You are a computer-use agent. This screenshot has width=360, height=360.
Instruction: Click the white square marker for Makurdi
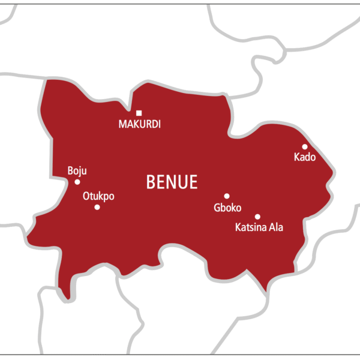pyautogui.click(x=139, y=113)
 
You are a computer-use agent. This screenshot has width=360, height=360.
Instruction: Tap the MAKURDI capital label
pyautogui.click(x=139, y=125)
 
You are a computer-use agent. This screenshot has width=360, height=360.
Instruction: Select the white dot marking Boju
pyautogui.click(x=77, y=182)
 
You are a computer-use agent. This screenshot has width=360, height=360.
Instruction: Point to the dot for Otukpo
pyautogui.click(x=97, y=207)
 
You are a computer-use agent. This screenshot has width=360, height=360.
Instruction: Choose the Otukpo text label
pyautogui.click(x=98, y=196)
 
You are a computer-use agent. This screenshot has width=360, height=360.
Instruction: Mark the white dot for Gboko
pyautogui.click(x=227, y=196)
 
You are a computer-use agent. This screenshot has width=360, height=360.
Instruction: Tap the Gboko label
pyautogui.click(x=227, y=208)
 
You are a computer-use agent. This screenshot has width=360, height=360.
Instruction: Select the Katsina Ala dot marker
pyautogui.click(x=257, y=217)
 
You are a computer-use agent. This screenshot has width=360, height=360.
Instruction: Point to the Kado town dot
pyautogui.click(x=305, y=146)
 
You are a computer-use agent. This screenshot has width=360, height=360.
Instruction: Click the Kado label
pyautogui.click(x=304, y=157)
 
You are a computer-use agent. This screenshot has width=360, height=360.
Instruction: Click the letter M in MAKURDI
pyautogui.click(x=122, y=125)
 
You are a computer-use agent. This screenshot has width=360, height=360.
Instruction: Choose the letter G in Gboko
pyautogui.click(x=217, y=208)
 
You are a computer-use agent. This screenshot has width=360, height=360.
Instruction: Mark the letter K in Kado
pyautogui.click(x=296, y=157)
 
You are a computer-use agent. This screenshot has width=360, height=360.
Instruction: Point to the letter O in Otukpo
pyautogui.click(x=86, y=196)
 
